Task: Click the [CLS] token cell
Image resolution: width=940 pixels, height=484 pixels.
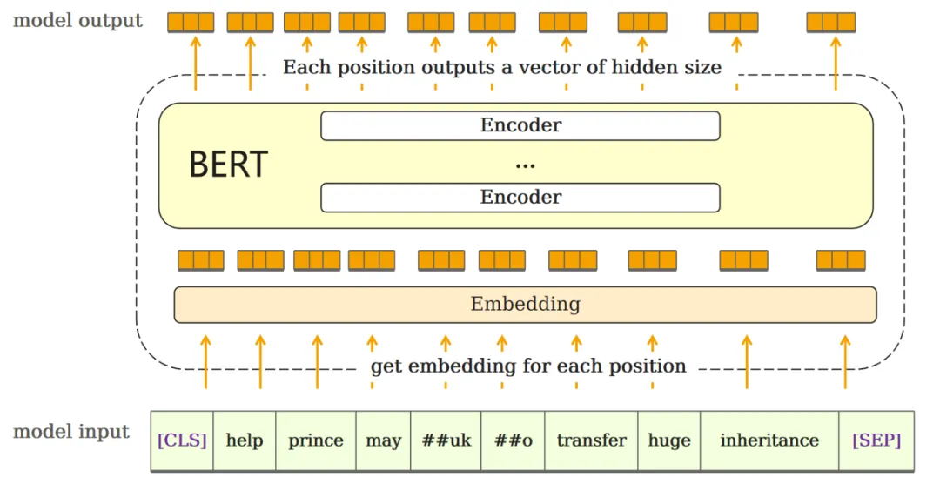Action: tap(182, 440)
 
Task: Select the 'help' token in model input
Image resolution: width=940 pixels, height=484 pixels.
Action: tap(245, 440)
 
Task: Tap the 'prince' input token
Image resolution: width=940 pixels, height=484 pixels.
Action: tap(316, 440)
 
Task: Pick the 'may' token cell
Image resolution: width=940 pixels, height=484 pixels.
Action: tap(383, 440)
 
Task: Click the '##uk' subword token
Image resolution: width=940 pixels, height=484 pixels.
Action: tap(446, 440)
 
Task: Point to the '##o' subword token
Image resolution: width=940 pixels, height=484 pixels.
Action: tap(514, 440)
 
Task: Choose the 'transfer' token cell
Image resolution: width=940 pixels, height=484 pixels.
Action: tap(592, 440)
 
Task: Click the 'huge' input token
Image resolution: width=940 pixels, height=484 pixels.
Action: tap(669, 440)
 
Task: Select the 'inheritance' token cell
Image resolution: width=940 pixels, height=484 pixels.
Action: tap(769, 440)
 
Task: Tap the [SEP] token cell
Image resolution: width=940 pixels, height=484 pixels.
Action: tap(876, 440)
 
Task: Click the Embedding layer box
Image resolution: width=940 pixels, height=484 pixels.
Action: tap(525, 305)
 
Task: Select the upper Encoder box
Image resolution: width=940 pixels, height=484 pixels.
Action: tap(520, 125)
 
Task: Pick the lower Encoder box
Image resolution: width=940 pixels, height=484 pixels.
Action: tap(520, 198)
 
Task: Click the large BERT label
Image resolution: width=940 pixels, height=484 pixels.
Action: tap(228, 165)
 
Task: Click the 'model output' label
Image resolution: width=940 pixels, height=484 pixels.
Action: tap(78, 20)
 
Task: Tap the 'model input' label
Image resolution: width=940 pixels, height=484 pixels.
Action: tap(71, 432)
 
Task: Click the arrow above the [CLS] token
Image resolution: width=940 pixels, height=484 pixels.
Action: tap(205, 362)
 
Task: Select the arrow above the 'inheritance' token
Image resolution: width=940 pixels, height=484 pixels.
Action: tap(747, 362)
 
